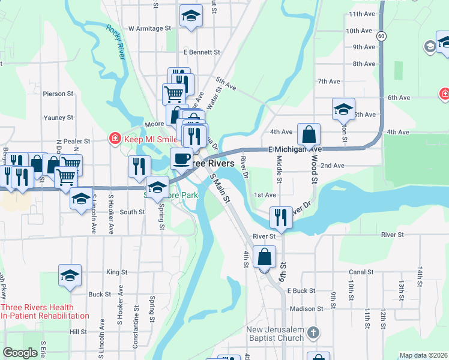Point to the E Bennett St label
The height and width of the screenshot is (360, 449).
pyautogui.click(x=199, y=52)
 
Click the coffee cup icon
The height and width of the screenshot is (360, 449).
pyautogui.click(x=181, y=158)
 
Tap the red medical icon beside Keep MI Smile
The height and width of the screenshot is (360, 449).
pyautogui.click(x=114, y=139)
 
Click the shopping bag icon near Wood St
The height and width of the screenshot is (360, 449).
pyautogui.click(x=309, y=134)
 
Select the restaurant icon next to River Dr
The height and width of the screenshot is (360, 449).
pyautogui.click(x=280, y=217)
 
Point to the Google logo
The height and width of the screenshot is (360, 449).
pyautogui.click(x=20, y=353)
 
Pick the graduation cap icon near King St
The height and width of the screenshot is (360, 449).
pyautogui.click(x=70, y=275)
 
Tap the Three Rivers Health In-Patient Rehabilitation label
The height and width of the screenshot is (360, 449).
pyautogui.click(x=45, y=311)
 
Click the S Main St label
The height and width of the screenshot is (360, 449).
pyautogui.click(x=220, y=189)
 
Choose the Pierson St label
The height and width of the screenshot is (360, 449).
pyautogui.click(x=58, y=94)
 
